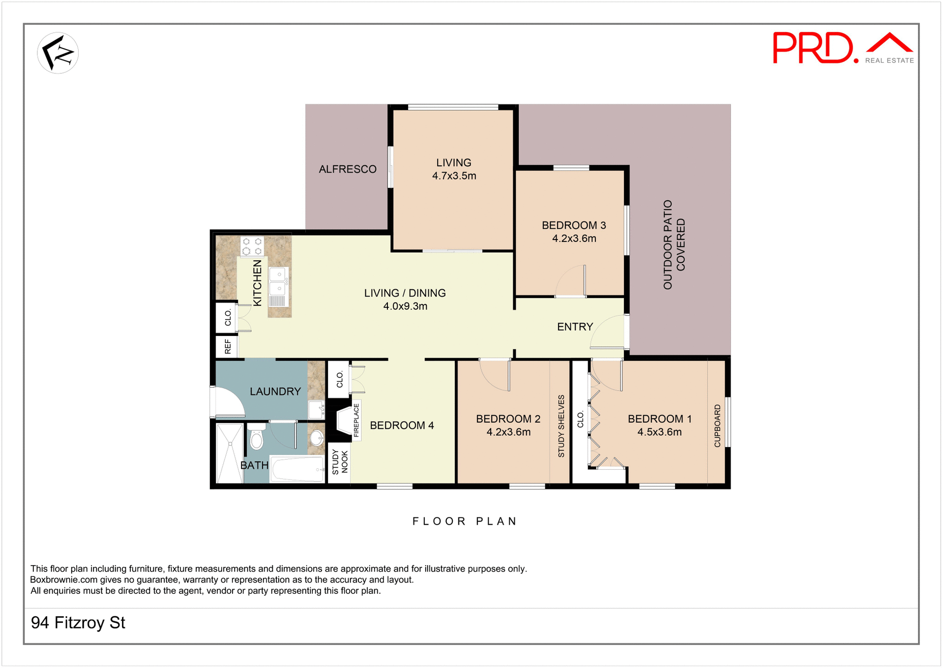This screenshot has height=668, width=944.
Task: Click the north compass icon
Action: pyautogui.click(x=58, y=53)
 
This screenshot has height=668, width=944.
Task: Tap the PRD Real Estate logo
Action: pyautogui.click(x=842, y=48)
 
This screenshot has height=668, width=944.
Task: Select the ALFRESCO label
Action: pyautogui.click(x=348, y=169)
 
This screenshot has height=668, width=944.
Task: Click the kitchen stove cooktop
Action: pyautogui.click(x=252, y=246)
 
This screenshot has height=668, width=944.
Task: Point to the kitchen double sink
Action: pyautogui.click(x=278, y=281)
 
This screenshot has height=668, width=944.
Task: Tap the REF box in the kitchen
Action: pyautogui.click(x=227, y=347)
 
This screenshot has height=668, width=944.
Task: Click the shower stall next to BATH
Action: pyautogui.click(x=230, y=453)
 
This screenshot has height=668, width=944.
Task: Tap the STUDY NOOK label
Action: pyautogui.click(x=340, y=462)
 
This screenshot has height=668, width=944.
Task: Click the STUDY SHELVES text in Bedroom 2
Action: pyautogui.click(x=561, y=426)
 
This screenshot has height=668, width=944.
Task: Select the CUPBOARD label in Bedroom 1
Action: pyautogui.click(x=717, y=426)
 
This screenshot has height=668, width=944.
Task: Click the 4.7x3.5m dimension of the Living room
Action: pyautogui.click(x=454, y=176)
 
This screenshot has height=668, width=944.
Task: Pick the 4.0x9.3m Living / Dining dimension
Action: pyautogui.click(x=405, y=306)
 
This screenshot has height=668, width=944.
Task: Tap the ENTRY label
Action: pyautogui.click(x=575, y=327)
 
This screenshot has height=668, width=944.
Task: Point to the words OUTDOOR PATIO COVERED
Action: pyautogui.click(x=674, y=244)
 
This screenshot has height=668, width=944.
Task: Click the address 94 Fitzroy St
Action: pyautogui.click(x=78, y=623)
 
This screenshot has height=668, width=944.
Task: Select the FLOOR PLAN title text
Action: pyautogui.click(x=465, y=521)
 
